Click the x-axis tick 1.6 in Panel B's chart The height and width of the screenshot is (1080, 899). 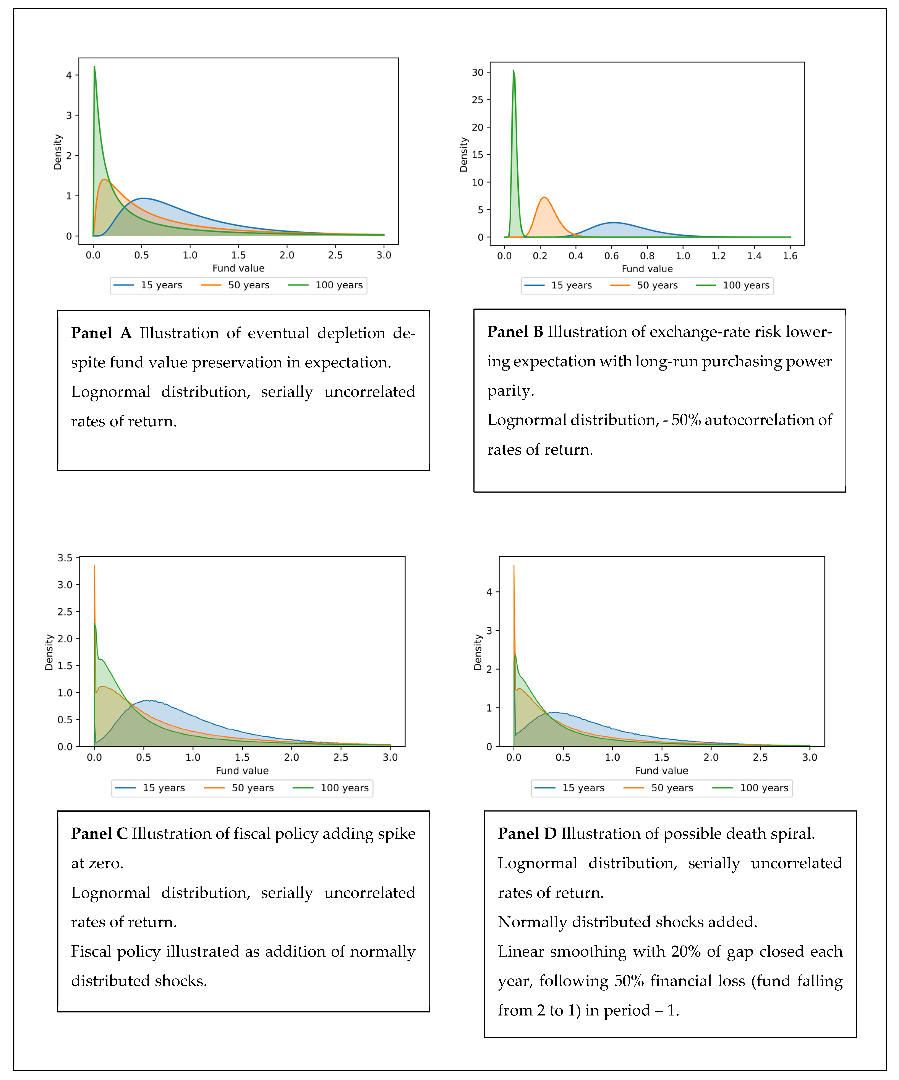point(790,255)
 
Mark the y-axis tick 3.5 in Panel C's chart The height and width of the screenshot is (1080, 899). point(65,558)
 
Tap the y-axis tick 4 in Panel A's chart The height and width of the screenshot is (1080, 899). point(69,75)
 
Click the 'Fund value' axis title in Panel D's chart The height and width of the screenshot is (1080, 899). point(661,770)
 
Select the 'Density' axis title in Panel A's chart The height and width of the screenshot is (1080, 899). point(58,152)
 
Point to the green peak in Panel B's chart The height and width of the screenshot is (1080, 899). point(513,71)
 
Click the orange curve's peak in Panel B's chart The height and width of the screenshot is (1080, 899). point(544,197)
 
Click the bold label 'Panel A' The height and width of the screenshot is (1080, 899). point(101,333)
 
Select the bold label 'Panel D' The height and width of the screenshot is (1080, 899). point(527,834)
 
